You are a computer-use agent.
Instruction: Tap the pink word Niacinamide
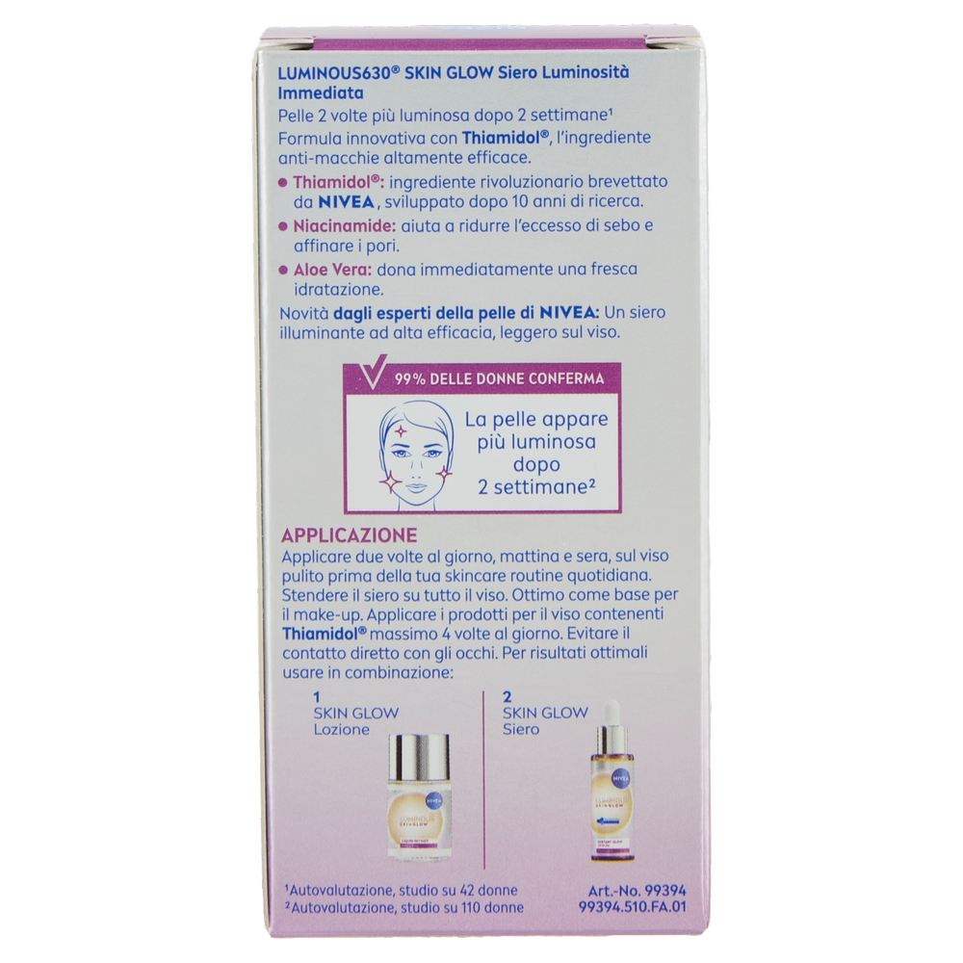pos(345,225)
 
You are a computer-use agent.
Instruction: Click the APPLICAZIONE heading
pos(349,534)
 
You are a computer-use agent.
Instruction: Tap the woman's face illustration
pos(414,454)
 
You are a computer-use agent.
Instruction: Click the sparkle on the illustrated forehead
pos(401,430)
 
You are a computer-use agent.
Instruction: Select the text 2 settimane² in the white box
pos(537,487)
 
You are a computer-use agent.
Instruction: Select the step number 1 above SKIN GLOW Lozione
pos(317,697)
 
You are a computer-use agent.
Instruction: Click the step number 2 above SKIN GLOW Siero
pos(507,697)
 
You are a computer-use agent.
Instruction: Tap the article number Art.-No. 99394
pos(637,890)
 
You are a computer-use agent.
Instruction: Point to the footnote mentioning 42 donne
pos(401,890)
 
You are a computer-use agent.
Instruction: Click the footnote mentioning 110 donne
pos(403,907)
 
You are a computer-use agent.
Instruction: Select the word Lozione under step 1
pos(342,730)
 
